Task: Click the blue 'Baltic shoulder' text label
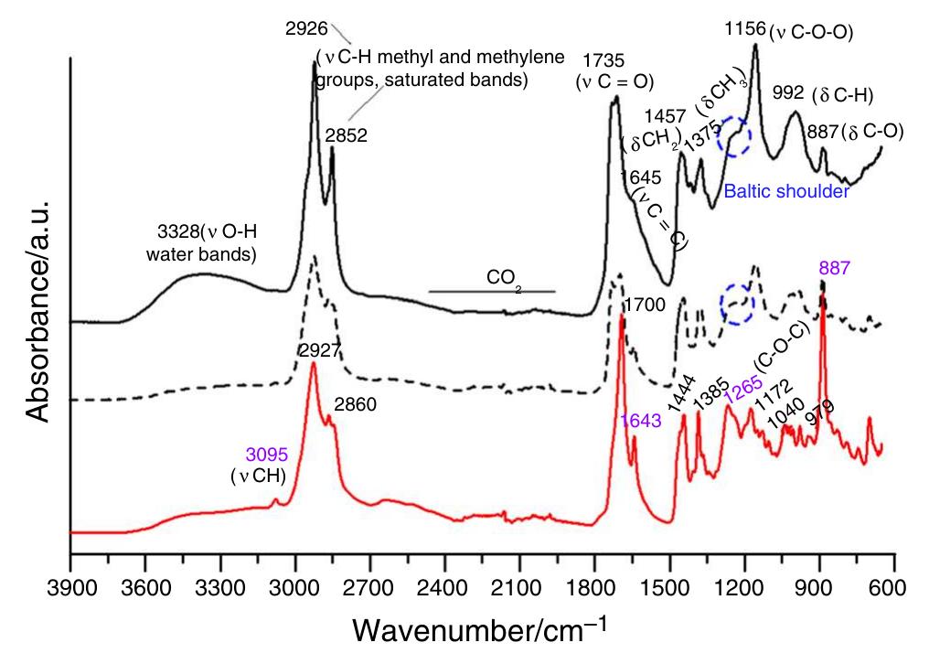point(787,192)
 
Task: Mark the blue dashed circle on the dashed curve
point(737,304)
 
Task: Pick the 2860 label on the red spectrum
point(357,402)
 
